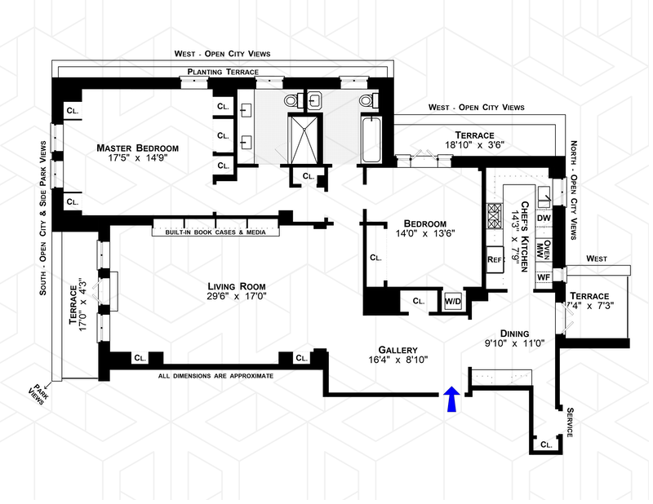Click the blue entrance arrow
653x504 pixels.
coord(451,399)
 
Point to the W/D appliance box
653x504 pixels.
coord(453,301)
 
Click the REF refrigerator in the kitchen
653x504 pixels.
coord(495,259)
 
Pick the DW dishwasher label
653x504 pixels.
coord(544,218)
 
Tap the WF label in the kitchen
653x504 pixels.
coord(544,277)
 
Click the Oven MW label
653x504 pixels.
coord(544,250)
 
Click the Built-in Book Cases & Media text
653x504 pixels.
coord(215,232)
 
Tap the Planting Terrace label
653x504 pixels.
coord(223,72)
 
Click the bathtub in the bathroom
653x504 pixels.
coord(371,140)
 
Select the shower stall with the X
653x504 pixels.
coord(303,139)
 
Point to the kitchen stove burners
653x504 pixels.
coord(495,216)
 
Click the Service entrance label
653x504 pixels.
coord(570,422)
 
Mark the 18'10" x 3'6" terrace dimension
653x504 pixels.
coord(474,145)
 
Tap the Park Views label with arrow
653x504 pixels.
coord(38,393)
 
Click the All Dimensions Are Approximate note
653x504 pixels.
coord(215,376)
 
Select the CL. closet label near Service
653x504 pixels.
coord(546,444)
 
